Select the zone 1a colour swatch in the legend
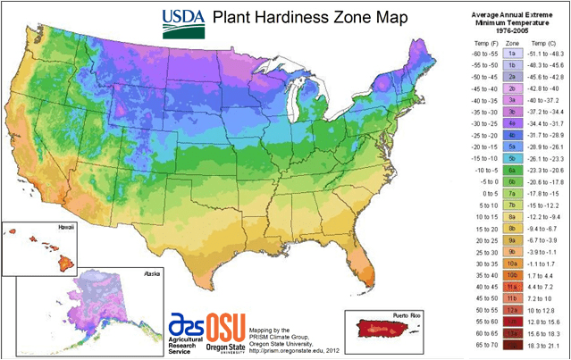pyautogui.click(x=513, y=54)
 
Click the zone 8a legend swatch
pyautogui.click(x=513, y=215)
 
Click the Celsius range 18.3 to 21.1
pyautogui.click(x=547, y=343)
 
